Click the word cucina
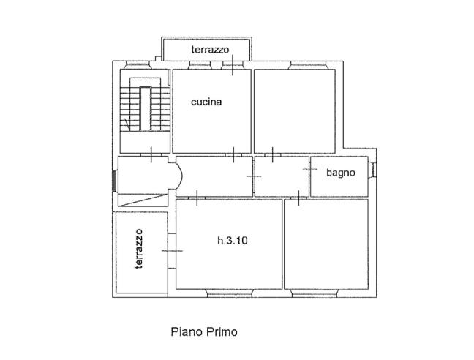pyautogui.click(x=206, y=102)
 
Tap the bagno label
pyautogui.click(x=341, y=173)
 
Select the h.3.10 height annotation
pyautogui.click(x=233, y=241)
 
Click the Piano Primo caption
pyautogui.click(x=204, y=331)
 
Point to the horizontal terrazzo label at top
pyautogui.click(x=210, y=50)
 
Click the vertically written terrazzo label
pyautogui.click(x=139, y=249)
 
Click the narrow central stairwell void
pyautogui.click(x=146, y=108)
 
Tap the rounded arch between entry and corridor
pyautogui.click(x=179, y=176)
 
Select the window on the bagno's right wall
pyautogui.click(x=372, y=170)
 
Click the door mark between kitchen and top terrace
pyautogui.click(x=233, y=65)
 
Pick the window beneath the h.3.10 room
pyautogui.click(x=230, y=293)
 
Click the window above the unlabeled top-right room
pyautogui.click(x=309, y=65)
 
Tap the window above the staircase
pyautogui.click(x=138, y=65)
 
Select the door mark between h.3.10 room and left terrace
pyautogui.click(x=173, y=250)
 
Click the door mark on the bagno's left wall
pyautogui.click(x=310, y=169)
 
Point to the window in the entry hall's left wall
pyautogui.click(x=114, y=181)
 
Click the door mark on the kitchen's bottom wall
pyautogui.click(x=233, y=155)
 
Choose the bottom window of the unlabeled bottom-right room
pyautogui.click(x=314, y=293)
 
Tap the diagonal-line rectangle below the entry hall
pyautogui.click(x=143, y=200)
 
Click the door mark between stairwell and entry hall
pyautogui.click(x=151, y=155)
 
